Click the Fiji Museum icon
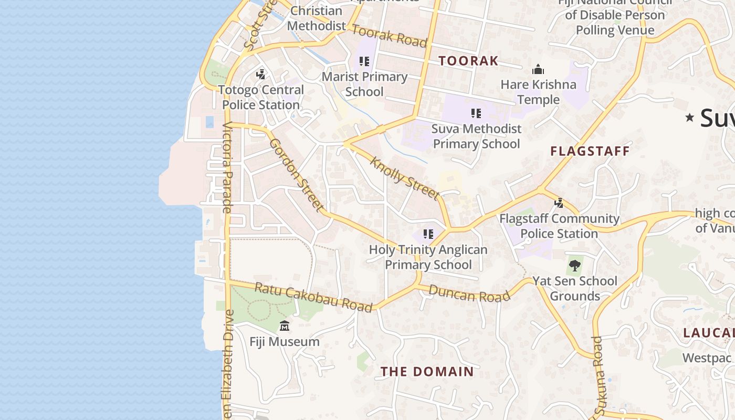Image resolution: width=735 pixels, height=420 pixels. [x=285, y=326]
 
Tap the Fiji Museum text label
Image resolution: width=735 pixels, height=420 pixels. [x=285, y=342]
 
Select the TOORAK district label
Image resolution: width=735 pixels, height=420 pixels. [x=468, y=61]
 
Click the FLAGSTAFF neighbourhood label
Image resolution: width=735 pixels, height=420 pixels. [x=590, y=152]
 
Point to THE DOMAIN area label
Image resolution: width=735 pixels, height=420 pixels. [x=427, y=372]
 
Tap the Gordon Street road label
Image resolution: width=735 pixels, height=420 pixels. [x=297, y=175]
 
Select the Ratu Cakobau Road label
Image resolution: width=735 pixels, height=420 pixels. [x=313, y=297]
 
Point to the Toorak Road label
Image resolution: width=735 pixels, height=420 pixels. [x=388, y=36]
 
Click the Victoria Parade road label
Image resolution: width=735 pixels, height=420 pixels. [x=227, y=167]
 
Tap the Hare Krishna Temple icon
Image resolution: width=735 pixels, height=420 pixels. [x=538, y=69]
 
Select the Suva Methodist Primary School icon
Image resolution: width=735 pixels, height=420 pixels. [x=476, y=113]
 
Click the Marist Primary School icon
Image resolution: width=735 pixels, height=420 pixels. [x=364, y=61]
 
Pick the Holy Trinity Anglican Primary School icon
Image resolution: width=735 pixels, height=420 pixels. [x=428, y=234]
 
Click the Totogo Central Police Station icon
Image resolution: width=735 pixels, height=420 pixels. [x=261, y=74]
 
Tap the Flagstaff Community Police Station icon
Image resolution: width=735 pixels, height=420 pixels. [x=559, y=203]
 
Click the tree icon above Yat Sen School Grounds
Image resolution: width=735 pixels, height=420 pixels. [x=575, y=265]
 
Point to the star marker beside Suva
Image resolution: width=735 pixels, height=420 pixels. [x=690, y=118]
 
